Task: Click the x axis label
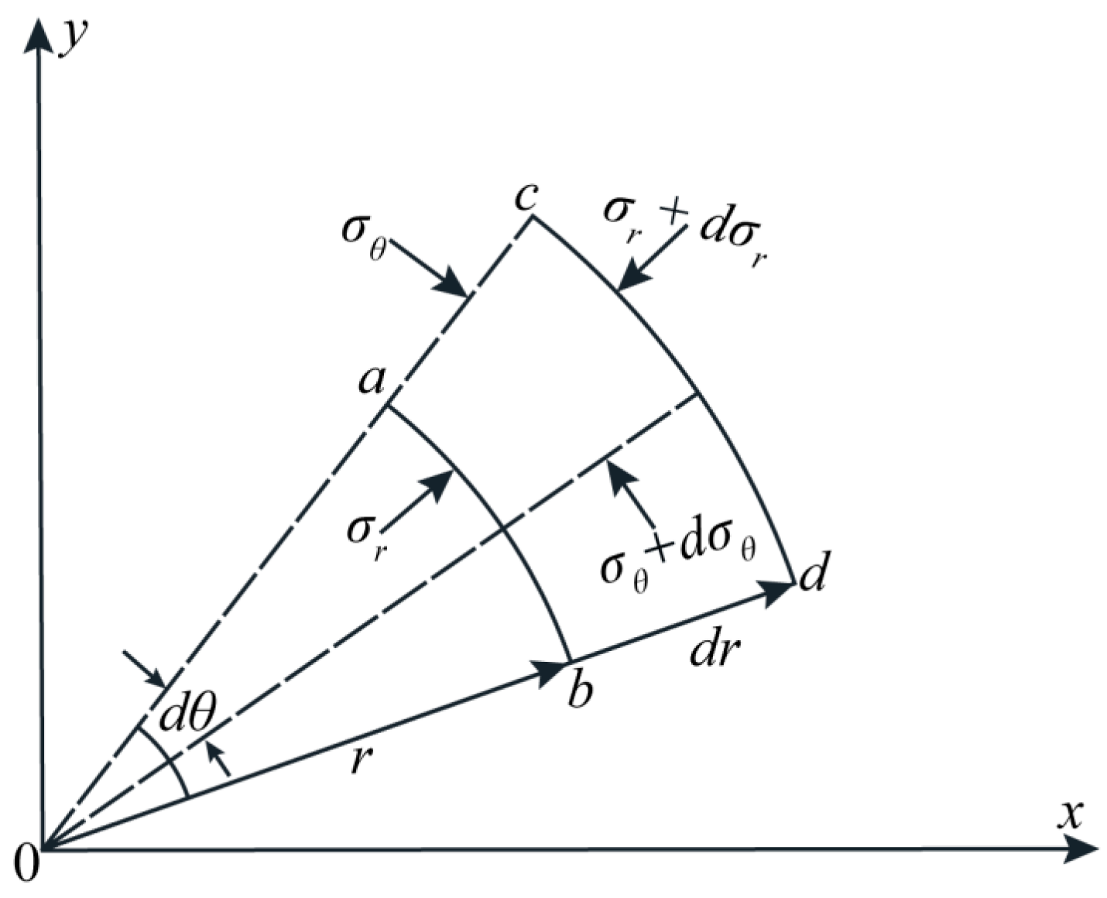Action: click(x=1071, y=814)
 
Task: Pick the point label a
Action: click(x=372, y=380)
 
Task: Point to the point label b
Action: click(x=579, y=690)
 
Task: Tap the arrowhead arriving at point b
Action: click(x=553, y=669)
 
